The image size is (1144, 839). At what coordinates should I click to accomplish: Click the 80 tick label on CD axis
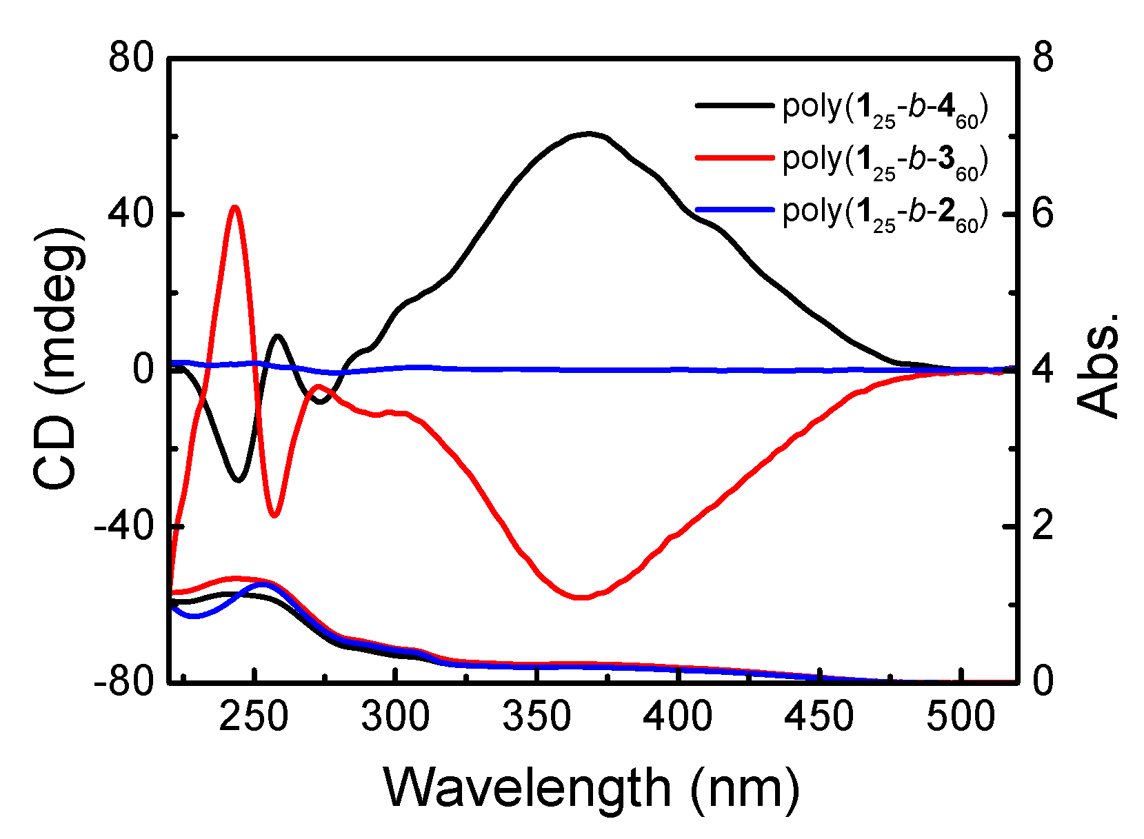(131, 58)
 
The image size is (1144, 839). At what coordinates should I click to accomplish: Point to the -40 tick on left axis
(123, 526)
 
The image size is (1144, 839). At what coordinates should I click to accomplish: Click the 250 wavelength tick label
(254, 717)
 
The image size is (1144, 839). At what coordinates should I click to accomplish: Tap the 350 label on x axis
(536, 717)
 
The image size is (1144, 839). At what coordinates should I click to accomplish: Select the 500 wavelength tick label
(959, 717)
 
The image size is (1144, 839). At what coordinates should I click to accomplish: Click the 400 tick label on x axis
(677, 717)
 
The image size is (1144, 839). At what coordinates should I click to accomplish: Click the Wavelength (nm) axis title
(592, 788)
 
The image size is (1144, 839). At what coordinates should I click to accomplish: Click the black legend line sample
(734, 105)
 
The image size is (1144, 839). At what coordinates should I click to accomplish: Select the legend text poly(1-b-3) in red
(885, 161)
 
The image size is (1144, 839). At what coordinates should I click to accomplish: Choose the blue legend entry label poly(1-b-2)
(885, 213)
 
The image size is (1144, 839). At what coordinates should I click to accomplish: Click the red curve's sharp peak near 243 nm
(235, 206)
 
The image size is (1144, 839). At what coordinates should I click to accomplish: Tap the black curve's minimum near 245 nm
(239, 480)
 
